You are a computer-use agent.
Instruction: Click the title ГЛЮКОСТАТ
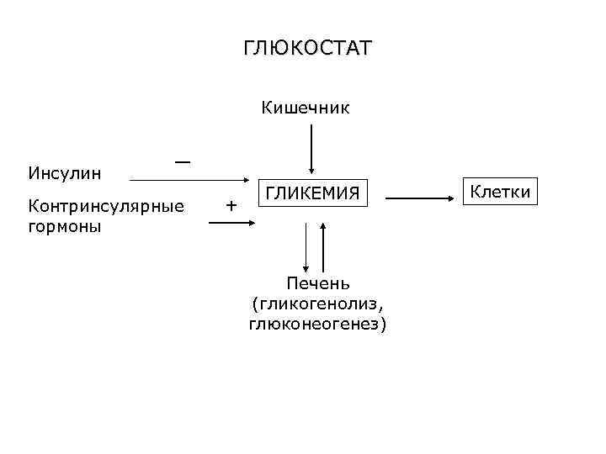coord(307,48)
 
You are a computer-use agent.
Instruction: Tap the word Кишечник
coord(306,108)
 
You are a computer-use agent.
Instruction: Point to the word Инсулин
coord(65,174)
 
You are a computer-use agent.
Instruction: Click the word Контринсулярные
coord(106,205)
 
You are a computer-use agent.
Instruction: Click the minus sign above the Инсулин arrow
coord(182,160)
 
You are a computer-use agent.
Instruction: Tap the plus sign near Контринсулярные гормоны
coord(231,204)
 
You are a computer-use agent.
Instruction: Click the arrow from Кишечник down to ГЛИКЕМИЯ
coord(312,150)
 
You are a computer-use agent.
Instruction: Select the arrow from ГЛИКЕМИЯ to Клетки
coord(421,198)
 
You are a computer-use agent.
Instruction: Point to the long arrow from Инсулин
coord(185,180)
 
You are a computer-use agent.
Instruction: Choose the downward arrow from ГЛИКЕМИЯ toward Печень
coord(306,244)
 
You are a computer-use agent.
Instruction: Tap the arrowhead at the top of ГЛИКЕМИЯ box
coord(312,172)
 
